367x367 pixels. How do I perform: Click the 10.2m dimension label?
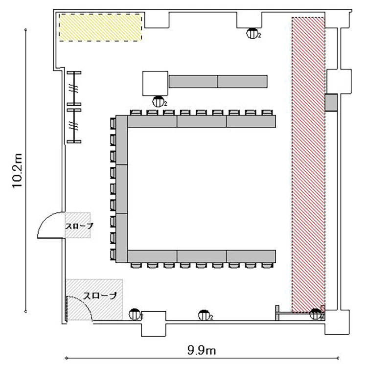(17, 171)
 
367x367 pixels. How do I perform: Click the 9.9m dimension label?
(202, 350)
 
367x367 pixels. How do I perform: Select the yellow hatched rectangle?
(100, 27)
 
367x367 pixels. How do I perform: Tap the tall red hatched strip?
(308, 165)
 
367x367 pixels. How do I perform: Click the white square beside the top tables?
(156, 83)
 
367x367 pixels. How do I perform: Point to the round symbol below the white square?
(159, 102)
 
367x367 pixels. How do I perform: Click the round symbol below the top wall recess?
(253, 33)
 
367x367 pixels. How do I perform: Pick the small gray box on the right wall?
(331, 103)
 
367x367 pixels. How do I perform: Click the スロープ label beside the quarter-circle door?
(79, 226)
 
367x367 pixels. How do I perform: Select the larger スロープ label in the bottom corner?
(100, 296)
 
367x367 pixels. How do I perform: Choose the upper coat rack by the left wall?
(74, 89)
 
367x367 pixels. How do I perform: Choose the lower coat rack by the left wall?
(74, 126)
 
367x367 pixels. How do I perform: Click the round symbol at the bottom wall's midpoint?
(205, 315)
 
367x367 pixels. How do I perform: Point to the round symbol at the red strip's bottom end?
(316, 314)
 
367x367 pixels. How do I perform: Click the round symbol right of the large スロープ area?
(135, 315)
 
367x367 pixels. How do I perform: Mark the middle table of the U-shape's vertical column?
(122, 189)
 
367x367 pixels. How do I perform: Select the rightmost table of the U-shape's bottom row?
(251, 256)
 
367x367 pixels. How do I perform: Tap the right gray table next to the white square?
(243, 81)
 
